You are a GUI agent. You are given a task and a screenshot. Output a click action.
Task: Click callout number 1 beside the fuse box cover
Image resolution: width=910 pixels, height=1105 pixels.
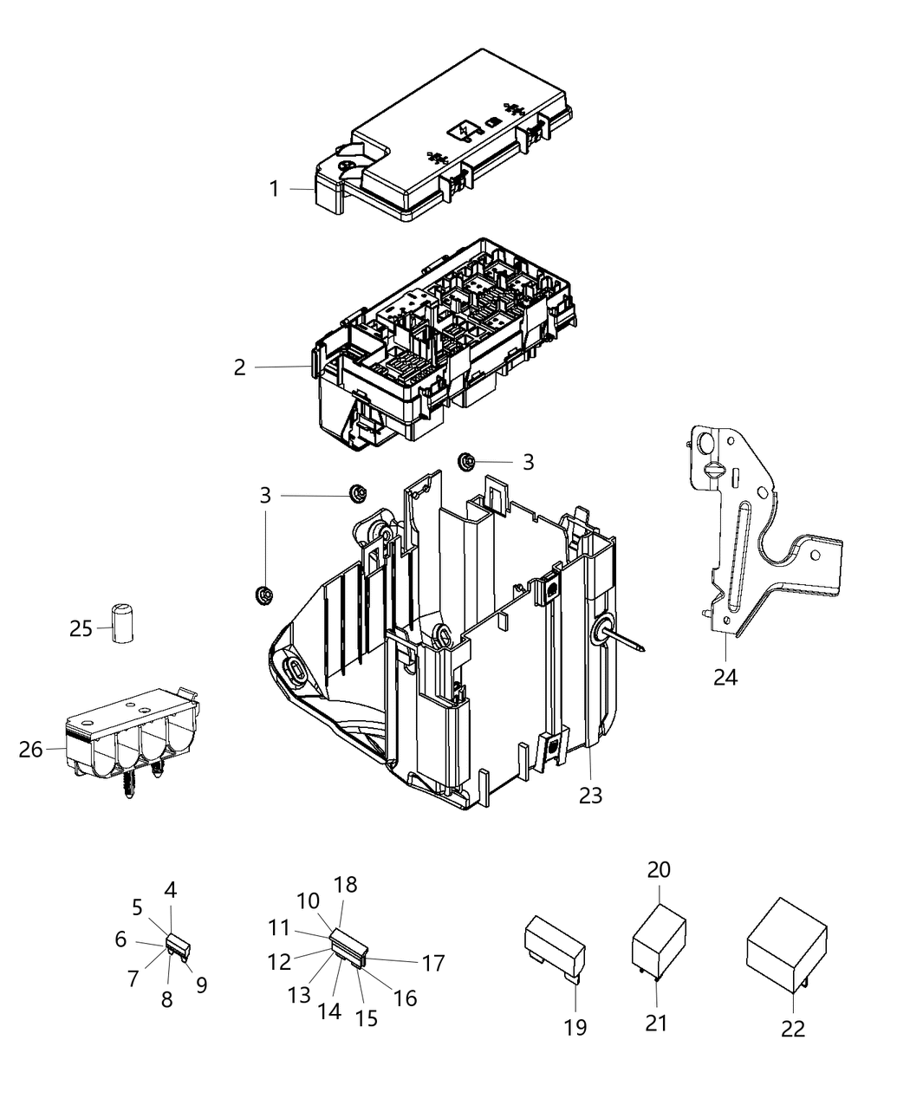click(x=274, y=188)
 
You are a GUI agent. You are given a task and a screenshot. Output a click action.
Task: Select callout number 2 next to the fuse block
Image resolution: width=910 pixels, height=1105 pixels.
click(x=240, y=367)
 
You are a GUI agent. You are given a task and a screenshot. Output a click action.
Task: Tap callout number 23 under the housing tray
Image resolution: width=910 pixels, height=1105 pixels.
click(x=590, y=795)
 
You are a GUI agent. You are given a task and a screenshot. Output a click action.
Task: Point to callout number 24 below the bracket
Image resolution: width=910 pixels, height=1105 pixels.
click(x=725, y=676)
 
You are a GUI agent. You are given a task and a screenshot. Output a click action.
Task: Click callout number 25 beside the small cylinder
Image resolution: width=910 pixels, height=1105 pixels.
click(x=81, y=628)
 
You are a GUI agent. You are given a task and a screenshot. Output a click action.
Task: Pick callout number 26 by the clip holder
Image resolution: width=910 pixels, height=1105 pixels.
click(x=30, y=749)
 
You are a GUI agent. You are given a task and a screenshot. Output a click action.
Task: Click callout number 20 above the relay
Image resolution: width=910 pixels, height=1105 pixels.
click(x=659, y=869)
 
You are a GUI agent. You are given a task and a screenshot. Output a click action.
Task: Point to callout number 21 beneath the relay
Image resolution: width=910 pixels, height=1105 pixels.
click(x=657, y=1023)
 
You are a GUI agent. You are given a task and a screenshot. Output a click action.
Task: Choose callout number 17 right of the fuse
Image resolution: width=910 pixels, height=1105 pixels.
click(x=433, y=962)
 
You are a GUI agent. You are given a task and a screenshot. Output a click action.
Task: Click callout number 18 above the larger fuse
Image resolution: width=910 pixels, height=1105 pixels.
click(x=345, y=884)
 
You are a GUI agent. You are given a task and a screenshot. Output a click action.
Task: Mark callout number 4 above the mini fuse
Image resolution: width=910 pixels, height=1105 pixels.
click(x=171, y=889)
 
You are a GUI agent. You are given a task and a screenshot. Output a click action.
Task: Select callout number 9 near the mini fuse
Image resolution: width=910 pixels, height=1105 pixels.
click(x=201, y=985)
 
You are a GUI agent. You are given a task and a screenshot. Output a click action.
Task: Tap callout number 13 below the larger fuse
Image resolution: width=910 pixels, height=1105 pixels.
click(x=299, y=996)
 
